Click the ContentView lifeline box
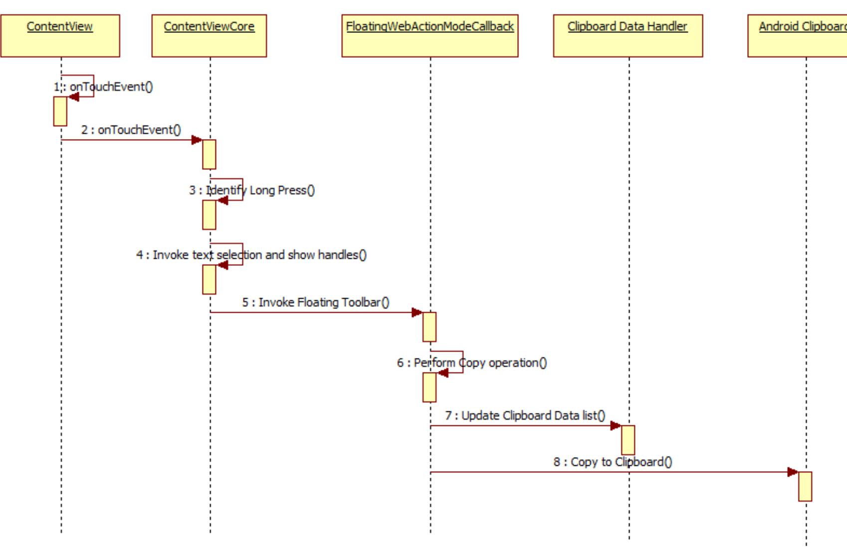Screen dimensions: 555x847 coord(60,36)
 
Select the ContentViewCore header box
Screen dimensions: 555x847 coord(209,36)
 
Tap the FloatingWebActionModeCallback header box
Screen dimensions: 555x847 coord(429,36)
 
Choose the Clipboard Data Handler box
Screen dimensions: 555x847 coord(628,36)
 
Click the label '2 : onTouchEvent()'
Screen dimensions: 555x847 coord(131,130)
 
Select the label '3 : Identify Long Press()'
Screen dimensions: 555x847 coord(252,190)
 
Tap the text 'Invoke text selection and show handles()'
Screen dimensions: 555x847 coord(259,255)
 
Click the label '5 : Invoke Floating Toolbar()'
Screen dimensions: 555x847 coord(316,303)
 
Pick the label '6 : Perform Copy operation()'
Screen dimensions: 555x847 coord(472,363)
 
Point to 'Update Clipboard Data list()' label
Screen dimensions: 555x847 coord(533,416)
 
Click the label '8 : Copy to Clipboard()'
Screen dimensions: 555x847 coord(613,462)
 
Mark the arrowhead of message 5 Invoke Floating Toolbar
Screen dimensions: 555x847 coord(417,313)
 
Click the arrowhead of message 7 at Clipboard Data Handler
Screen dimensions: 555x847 coord(616,426)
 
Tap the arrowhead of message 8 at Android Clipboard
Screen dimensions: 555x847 coord(793,472)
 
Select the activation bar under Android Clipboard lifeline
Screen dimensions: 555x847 coord(805,486)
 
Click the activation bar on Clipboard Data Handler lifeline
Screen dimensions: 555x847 coord(628,440)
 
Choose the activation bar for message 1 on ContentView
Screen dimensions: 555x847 coord(60,111)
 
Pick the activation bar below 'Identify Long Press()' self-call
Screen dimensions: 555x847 coord(209,215)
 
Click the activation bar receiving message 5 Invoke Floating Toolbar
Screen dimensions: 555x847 coord(429,327)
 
